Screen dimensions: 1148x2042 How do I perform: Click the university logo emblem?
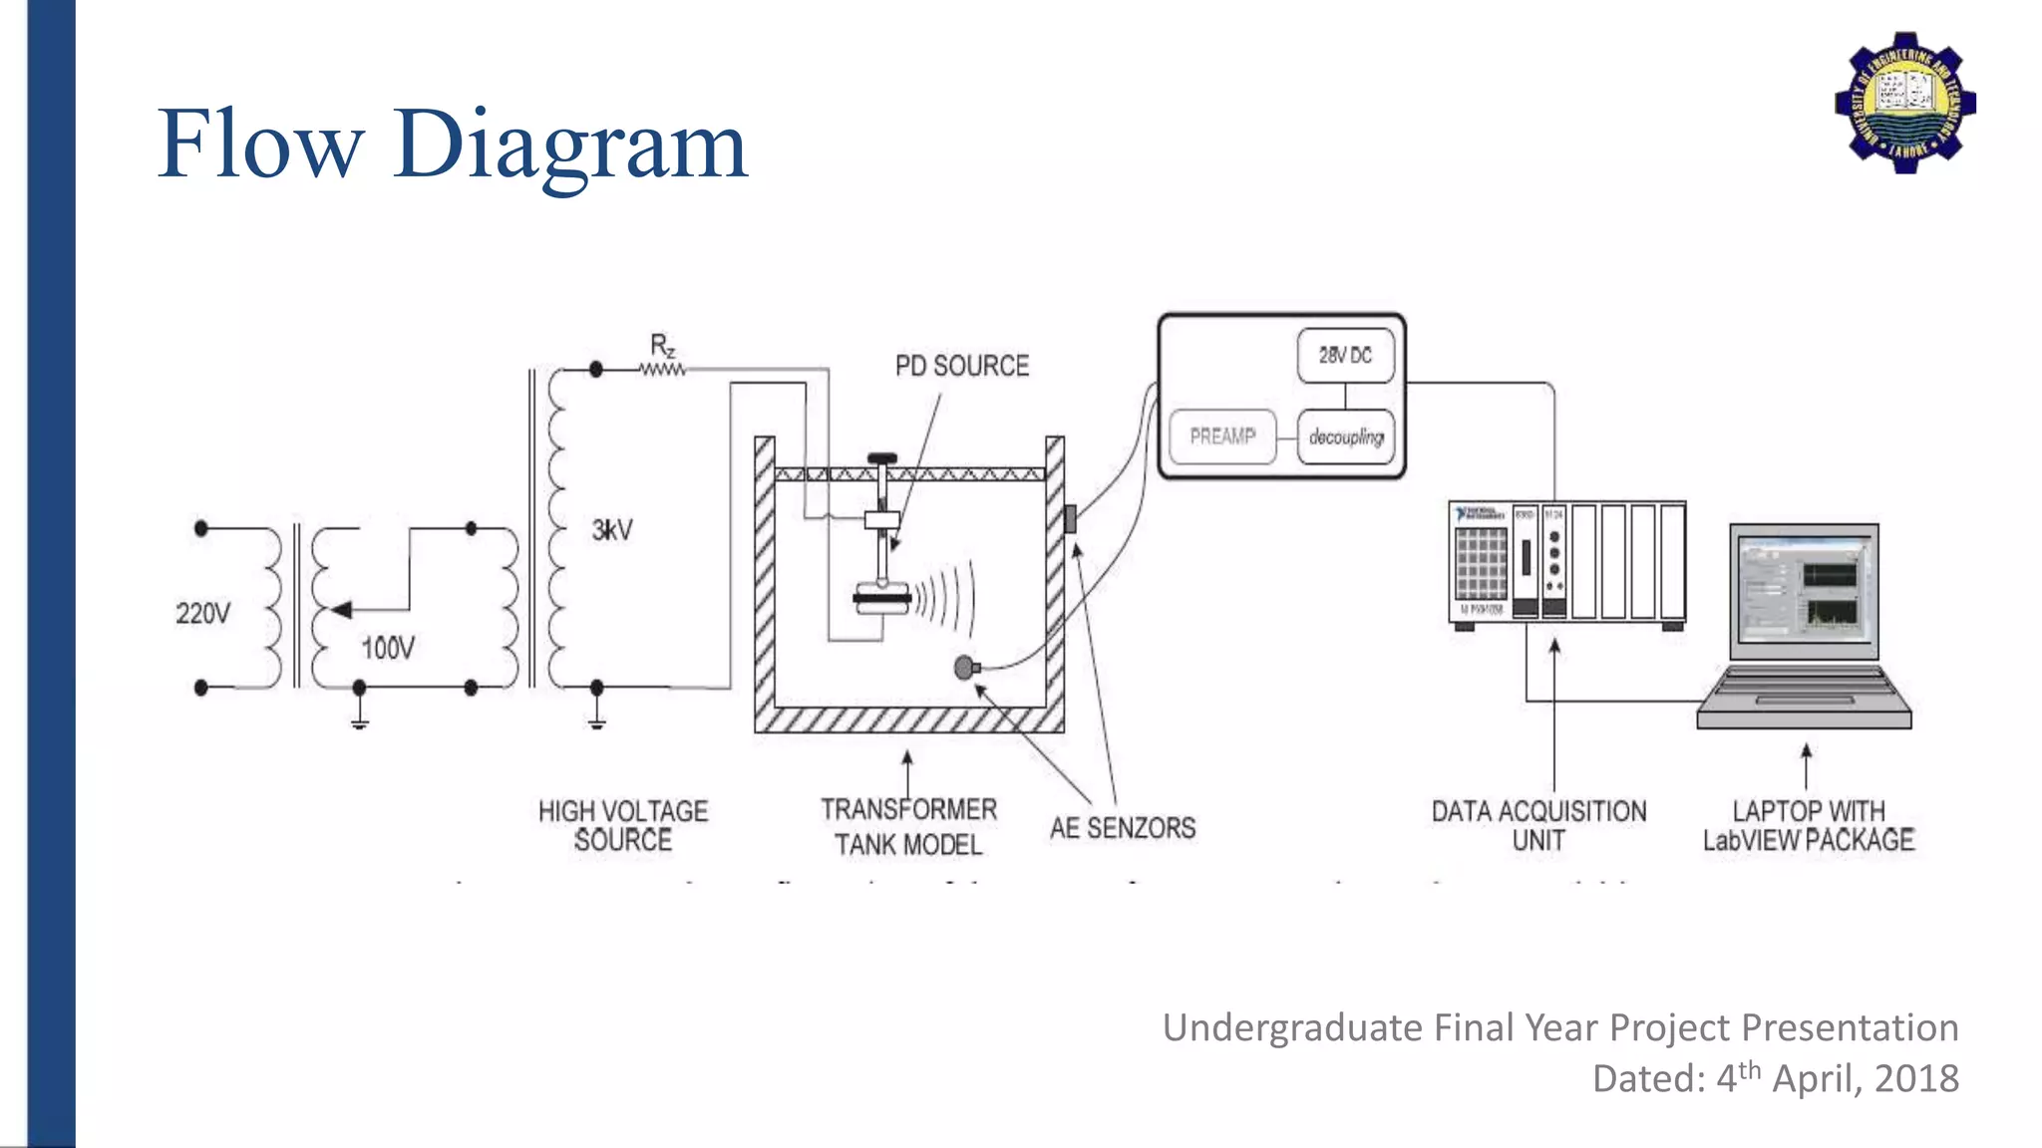[1905, 103]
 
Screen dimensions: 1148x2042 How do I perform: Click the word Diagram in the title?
[569, 146]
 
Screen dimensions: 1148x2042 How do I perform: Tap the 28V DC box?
[1345, 356]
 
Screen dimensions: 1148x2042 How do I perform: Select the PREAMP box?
[1222, 436]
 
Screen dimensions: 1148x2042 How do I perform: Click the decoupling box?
[1345, 436]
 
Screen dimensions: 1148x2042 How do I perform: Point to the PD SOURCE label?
[961, 366]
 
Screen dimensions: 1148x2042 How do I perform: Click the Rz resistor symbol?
[662, 369]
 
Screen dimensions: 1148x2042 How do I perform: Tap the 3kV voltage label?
[612, 530]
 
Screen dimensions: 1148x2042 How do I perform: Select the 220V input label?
[202, 613]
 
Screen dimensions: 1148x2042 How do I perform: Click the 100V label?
[388, 649]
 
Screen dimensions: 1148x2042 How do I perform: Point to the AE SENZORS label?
[1122, 828]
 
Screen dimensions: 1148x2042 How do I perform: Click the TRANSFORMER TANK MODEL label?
[908, 826]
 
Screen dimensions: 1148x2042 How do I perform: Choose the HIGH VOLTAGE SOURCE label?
[623, 825]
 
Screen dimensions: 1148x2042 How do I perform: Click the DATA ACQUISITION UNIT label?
[1538, 825]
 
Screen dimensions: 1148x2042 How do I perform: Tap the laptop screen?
[1804, 590]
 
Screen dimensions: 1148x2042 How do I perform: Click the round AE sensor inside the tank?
[964, 668]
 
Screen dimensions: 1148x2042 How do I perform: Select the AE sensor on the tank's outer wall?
[1071, 518]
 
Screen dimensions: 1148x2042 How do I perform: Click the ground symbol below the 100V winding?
[360, 719]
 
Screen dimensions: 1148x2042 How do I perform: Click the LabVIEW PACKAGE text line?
[1808, 840]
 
